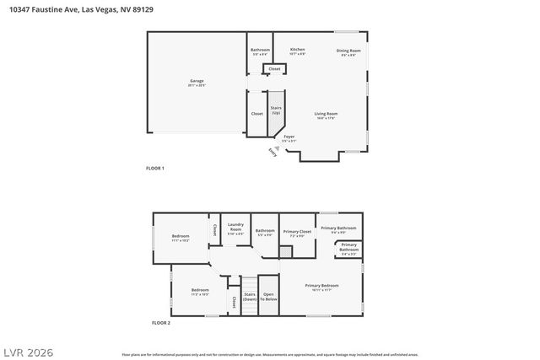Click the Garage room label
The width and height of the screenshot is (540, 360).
(x=197, y=83)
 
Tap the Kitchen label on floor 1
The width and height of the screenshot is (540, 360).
(x=298, y=51)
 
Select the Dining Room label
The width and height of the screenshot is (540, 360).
(x=348, y=52)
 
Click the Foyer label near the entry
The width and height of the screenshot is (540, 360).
(x=289, y=138)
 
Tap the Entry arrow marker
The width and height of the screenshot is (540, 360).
(x=273, y=151)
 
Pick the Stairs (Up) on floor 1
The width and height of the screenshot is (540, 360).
(x=276, y=110)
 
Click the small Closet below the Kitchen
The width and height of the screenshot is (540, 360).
(x=274, y=68)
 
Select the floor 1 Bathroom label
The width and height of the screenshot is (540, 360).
(x=260, y=51)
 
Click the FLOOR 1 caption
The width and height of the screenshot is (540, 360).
(x=155, y=169)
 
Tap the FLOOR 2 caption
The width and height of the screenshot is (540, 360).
(x=160, y=323)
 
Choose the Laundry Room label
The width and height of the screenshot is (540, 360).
(x=235, y=228)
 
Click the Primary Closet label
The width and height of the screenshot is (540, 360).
(x=297, y=233)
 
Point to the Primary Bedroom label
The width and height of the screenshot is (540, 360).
(x=321, y=287)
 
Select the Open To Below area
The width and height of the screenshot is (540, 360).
(x=268, y=297)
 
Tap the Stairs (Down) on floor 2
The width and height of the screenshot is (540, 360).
(x=250, y=297)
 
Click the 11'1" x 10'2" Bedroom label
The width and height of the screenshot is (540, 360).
(x=181, y=238)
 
